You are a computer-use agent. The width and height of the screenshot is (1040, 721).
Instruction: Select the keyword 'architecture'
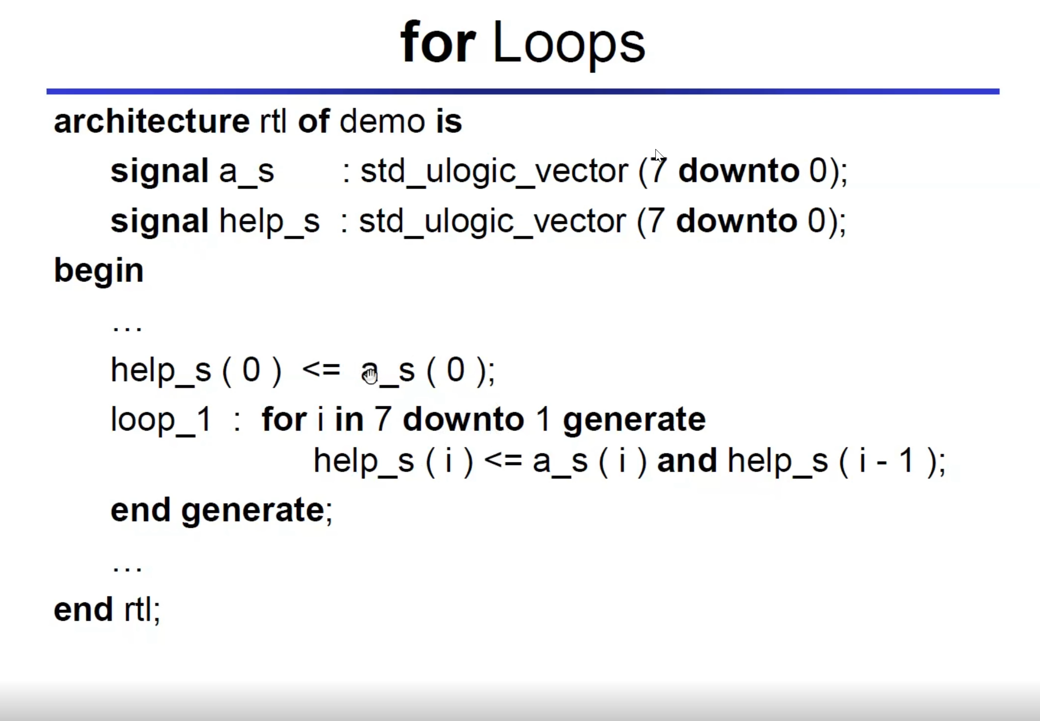(x=152, y=121)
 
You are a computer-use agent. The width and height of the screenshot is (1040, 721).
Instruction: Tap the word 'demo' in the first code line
(x=382, y=121)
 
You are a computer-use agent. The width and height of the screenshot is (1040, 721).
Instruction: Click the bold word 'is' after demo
(x=449, y=121)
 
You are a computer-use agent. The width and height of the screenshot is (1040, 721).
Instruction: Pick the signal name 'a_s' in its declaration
(x=246, y=172)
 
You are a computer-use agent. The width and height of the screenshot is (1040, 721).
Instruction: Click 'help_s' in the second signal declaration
(x=269, y=221)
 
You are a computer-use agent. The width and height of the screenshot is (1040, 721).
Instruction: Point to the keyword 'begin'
(x=99, y=272)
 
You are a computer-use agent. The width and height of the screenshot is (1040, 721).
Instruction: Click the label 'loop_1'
(x=161, y=420)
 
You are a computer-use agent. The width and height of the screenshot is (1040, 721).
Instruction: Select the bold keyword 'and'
(x=687, y=461)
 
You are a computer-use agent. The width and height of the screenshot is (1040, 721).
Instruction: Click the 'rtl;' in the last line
(x=143, y=611)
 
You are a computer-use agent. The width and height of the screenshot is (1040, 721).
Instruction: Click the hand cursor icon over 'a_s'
(x=370, y=376)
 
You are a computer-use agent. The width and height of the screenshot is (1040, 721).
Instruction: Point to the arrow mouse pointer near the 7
(x=659, y=155)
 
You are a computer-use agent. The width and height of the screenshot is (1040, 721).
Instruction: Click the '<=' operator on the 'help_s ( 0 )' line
(x=322, y=369)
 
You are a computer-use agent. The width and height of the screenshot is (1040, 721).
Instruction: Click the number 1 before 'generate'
(x=543, y=419)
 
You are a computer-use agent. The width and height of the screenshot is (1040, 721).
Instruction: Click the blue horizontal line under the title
(x=523, y=92)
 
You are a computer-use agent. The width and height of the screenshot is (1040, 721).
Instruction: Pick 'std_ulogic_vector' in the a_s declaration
(x=494, y=172)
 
